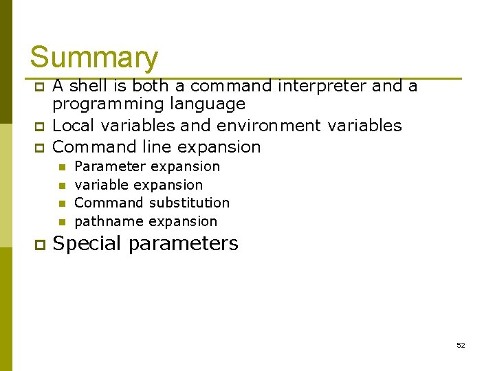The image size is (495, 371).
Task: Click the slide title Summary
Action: (x=93, y=58)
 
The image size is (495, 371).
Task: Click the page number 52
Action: (x=461, y=345)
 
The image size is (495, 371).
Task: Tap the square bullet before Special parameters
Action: (x=39, y=244)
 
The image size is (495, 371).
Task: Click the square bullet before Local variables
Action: (x=39, y=126)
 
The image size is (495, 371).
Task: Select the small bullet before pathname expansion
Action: (x=61, y=222)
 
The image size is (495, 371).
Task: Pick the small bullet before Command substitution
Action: (x=61, y=203)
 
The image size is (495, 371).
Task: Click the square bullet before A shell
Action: (x=39, y=87)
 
